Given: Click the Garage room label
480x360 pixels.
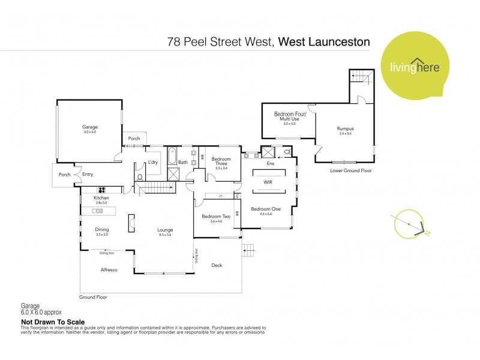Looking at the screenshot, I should tap(90, 127).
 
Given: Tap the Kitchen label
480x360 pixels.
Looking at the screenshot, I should tap(101, 197).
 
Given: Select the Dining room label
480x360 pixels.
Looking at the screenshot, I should tap(101, 229).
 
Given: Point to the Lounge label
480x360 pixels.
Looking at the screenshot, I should tap(165, 229).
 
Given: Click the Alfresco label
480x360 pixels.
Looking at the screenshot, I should tap(109, 271).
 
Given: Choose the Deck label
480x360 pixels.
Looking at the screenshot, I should tap(217, 265).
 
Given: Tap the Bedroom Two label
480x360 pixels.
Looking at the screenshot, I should tap(216, 217).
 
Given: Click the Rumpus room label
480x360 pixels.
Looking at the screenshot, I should tap(344, 128).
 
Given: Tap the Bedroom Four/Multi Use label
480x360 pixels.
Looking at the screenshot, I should tap(290, 116).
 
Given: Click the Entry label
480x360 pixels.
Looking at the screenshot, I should tap(88, 175).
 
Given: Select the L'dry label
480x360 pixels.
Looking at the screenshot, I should tap(153, 162).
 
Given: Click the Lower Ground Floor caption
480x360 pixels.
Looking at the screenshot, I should tap(351, 170).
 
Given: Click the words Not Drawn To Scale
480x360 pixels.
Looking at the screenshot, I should tap(53, 322).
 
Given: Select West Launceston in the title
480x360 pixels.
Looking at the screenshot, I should tap(324, 42).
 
